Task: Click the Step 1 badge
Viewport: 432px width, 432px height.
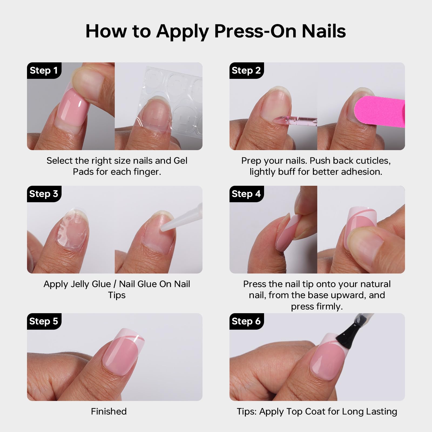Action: (x=44, y=70)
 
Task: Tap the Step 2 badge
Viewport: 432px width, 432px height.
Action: (x=247, y=70)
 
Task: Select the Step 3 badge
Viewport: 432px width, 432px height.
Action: (x=44, y=194)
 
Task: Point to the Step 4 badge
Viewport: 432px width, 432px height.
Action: (x=247, y=194)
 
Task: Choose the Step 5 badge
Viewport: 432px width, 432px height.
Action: (x=44, y=321)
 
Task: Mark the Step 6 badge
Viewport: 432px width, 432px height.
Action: (x=247, y=321)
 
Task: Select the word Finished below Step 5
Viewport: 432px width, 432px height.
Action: (x=109, y=411)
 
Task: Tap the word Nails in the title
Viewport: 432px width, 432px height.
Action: (x=324, y=31)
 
